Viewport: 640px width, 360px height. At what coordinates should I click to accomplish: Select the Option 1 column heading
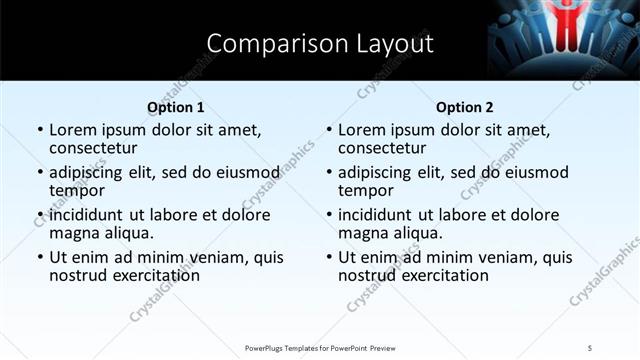point(175,107)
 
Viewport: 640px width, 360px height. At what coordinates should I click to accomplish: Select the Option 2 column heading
point(464,107)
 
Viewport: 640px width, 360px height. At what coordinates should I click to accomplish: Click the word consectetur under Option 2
point(384,148)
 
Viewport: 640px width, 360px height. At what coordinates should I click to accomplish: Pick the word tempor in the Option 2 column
point(364,191)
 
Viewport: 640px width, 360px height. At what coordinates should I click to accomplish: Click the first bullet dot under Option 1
point(39,131)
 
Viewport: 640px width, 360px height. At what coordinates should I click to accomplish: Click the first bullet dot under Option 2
point(328,131)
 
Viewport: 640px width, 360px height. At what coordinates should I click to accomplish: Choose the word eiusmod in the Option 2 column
point(532,173)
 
